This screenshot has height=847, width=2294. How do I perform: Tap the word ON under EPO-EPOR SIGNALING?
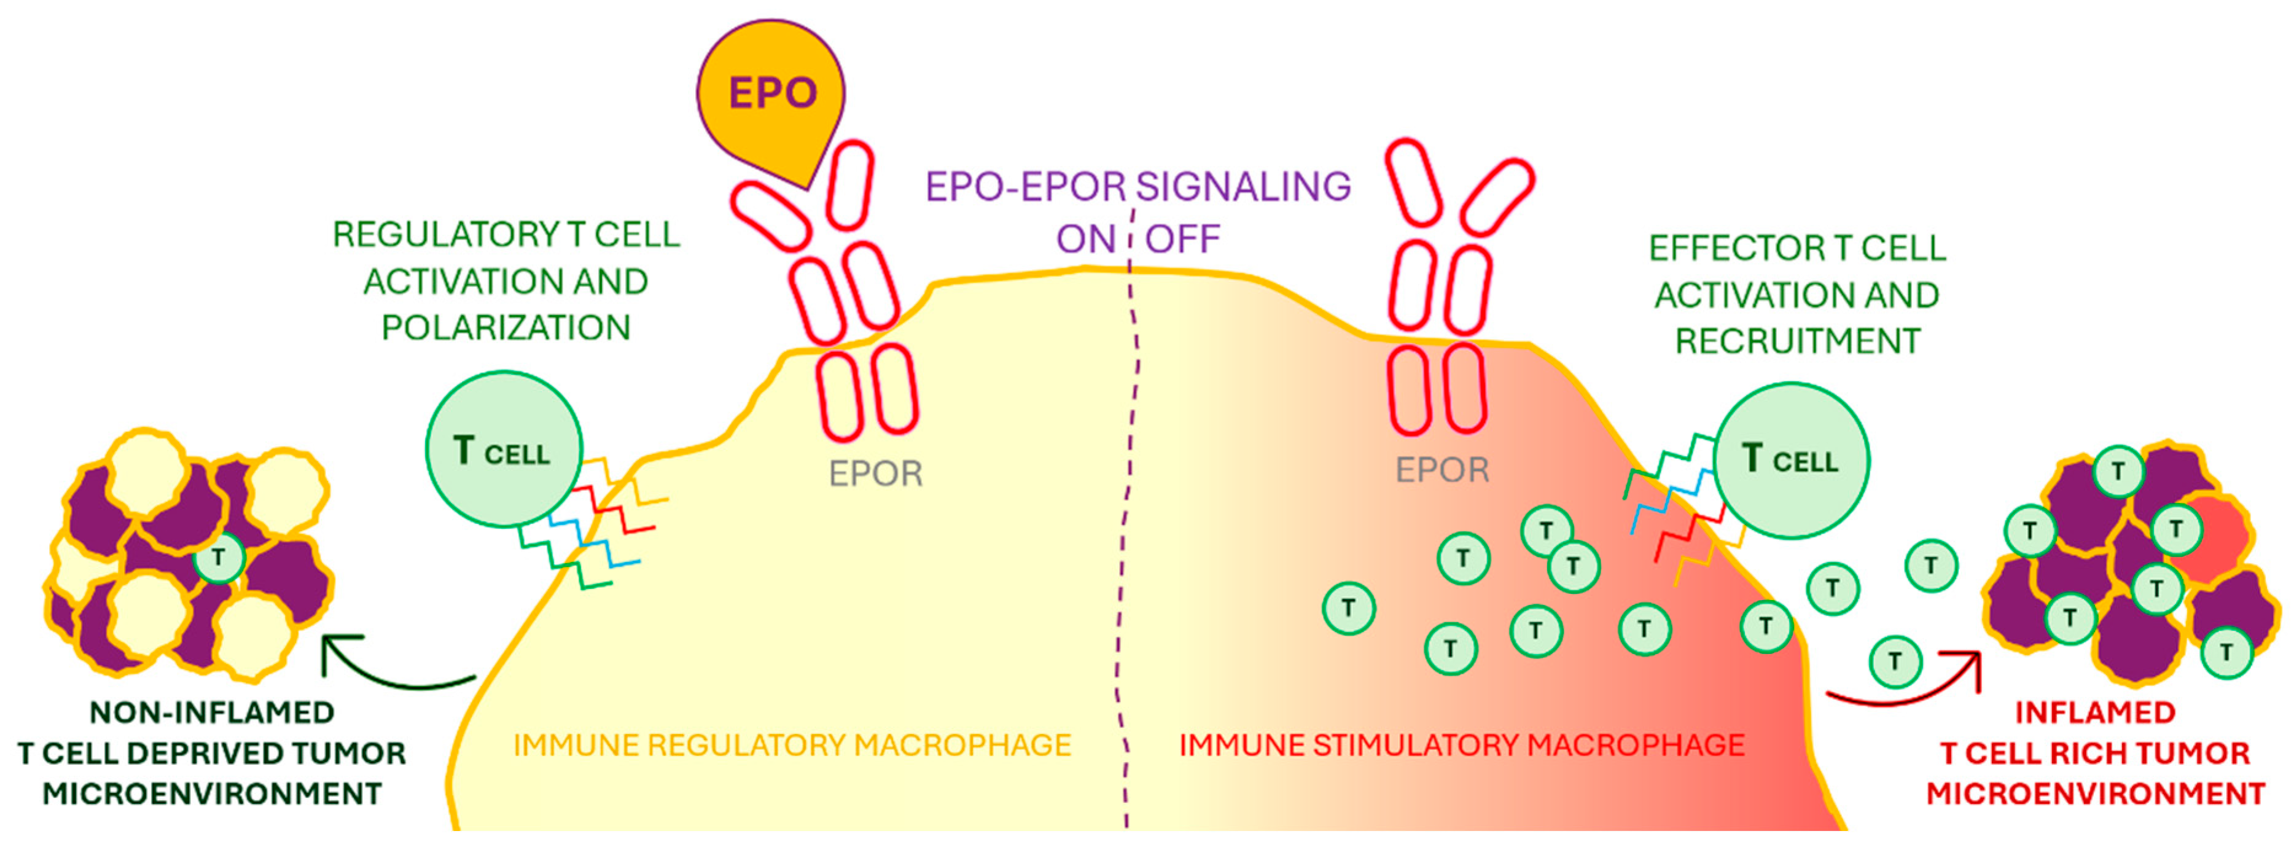(x=1085, y=240)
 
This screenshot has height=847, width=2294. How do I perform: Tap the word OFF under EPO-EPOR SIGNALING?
(x=1182, y=240)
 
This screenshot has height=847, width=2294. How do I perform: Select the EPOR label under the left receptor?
(x=875, y=474)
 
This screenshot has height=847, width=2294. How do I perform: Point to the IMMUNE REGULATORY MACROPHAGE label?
(x=792, y=744)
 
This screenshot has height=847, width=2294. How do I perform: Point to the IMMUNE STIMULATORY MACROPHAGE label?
(x=1461, y=744)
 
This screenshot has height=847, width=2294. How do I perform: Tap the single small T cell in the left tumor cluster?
(x=218, y=558)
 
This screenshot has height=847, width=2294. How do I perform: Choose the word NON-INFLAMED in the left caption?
(x=212, y=712)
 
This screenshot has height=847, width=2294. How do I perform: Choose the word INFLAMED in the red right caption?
(x=2094, y=712)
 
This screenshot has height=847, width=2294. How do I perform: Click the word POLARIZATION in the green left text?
(x=506, y=328)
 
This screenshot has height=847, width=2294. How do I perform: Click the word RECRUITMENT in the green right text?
(x=1797, y=341)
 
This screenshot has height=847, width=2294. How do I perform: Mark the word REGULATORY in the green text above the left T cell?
(x=445, y=234)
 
